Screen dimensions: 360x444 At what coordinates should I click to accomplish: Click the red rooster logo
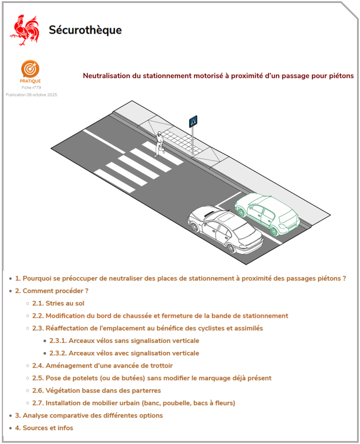pos(25,30)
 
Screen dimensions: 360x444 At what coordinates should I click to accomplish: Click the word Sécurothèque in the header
pos(85,30)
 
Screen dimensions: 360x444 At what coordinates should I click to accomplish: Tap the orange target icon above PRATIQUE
pos(30,69)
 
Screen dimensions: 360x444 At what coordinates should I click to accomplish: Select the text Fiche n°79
pos(31,87)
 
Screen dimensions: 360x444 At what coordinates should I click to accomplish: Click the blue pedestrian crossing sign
pos(193,122)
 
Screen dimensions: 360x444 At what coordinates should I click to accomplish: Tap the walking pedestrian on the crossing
pos(160,144)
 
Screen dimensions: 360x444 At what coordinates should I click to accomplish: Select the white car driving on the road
pos(226,229)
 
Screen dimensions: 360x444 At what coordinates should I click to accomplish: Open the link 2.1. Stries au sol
pos(58,303)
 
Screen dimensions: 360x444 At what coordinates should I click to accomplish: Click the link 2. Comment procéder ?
pos(52,291)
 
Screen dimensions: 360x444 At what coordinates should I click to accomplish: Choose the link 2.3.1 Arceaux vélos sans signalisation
pos(125,341)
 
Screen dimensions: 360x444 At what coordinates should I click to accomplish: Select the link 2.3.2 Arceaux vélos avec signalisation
pos(125,353)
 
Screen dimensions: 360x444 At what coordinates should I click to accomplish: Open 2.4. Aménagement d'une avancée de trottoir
pos(102,366)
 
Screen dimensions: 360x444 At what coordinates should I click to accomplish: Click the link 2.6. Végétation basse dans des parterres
pos(96,390)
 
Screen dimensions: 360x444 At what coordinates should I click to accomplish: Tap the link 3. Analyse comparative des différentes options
pos(89,415)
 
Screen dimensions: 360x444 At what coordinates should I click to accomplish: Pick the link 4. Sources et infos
pos(44,428)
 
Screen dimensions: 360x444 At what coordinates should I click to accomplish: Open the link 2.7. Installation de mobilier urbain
pos(134,403)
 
